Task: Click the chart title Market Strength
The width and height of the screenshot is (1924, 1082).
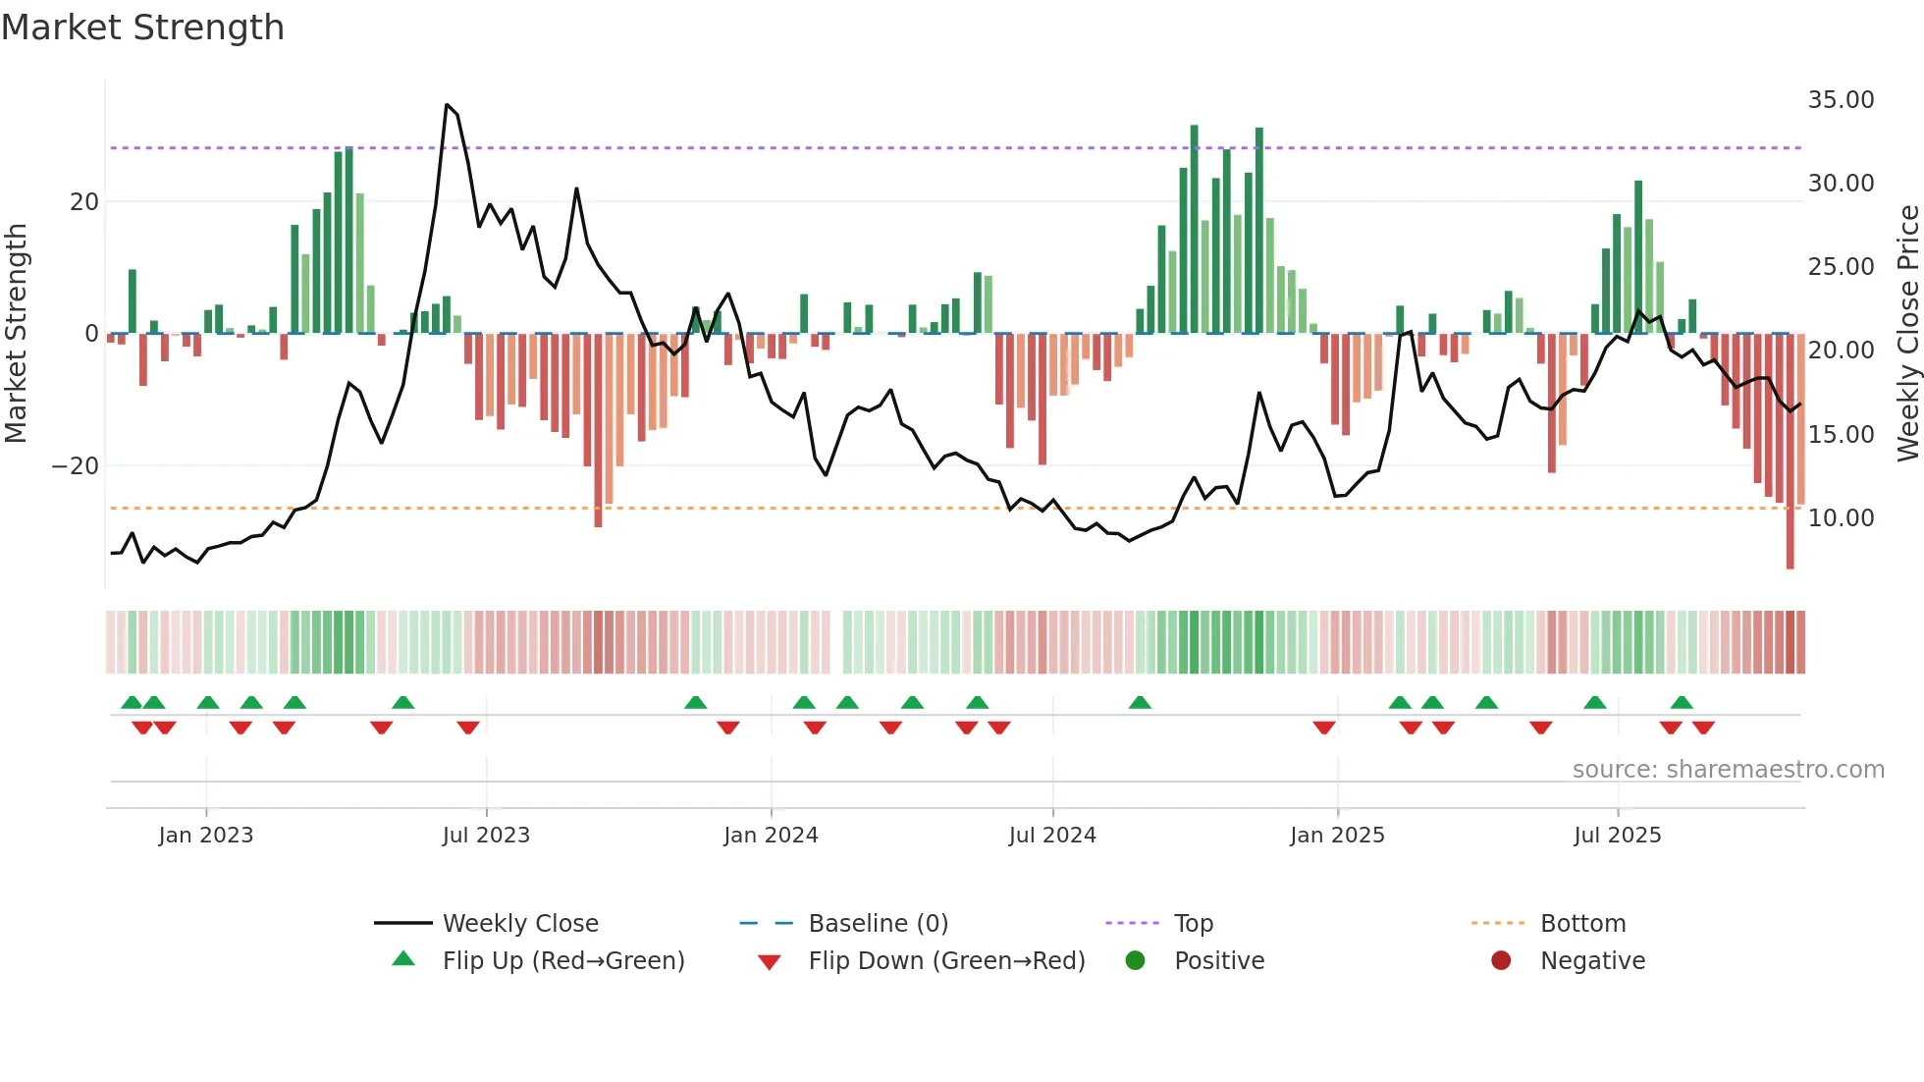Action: coord(142,27)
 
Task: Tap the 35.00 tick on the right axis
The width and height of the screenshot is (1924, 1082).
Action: coord(1841,100)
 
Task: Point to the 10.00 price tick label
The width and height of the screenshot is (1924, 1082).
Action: coord(1841,518)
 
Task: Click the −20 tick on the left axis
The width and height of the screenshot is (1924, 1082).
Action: coord(76,466)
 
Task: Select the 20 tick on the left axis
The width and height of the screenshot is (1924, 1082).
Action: coord(84,202)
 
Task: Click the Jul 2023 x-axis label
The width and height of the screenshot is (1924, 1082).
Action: coord(486,836)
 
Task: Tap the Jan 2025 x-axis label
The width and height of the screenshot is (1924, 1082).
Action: coord(1337,836)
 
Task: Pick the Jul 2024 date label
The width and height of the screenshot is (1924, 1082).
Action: coord(1052,836)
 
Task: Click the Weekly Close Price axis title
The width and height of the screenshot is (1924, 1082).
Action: coord(1907,334)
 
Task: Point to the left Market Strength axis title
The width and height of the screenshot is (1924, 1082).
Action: coord(17,334)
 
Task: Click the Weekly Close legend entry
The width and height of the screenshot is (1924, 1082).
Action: coord(519,924)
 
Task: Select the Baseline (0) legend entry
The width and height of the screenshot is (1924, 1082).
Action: coord(878,924)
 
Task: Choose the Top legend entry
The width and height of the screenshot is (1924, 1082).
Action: coord(1193,924)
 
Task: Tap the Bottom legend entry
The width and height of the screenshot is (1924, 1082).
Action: coord(1582,924)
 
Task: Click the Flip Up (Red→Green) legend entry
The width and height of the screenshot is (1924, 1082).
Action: coord(562,961)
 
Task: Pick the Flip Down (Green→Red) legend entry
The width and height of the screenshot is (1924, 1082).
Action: coord(946,961)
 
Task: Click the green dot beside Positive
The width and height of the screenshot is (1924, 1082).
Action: coord(1136,961)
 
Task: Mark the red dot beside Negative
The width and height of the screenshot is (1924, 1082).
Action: coord(1501,961)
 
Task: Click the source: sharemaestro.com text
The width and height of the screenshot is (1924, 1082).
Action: coord(1728,770)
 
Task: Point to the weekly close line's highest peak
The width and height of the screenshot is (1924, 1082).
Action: coord(447,105)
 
